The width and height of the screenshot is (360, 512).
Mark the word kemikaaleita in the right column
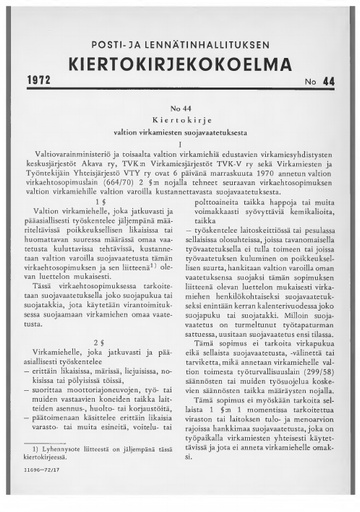point(310,238)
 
